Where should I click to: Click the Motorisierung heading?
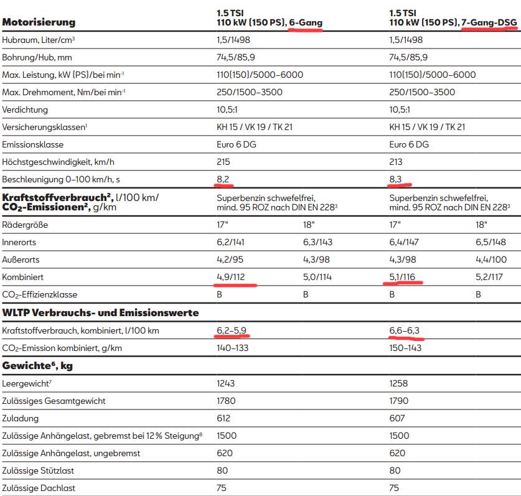coord(39,22)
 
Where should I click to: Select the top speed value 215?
coord(223,162)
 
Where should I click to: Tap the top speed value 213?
coord(397,162)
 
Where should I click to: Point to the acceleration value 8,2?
coord(222,179)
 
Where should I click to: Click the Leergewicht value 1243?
coord(226,384)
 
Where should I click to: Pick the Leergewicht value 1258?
coord(400,384)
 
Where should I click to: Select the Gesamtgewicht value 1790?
coord(400,401)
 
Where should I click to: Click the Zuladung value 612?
coord(223,419)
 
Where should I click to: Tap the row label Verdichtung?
coord(25,110)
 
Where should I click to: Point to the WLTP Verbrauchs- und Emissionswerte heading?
coord(101,312)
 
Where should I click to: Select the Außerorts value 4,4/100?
coord(492,260)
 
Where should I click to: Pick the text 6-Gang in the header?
coord(306,22)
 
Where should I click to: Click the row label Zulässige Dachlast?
coord(39,489)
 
